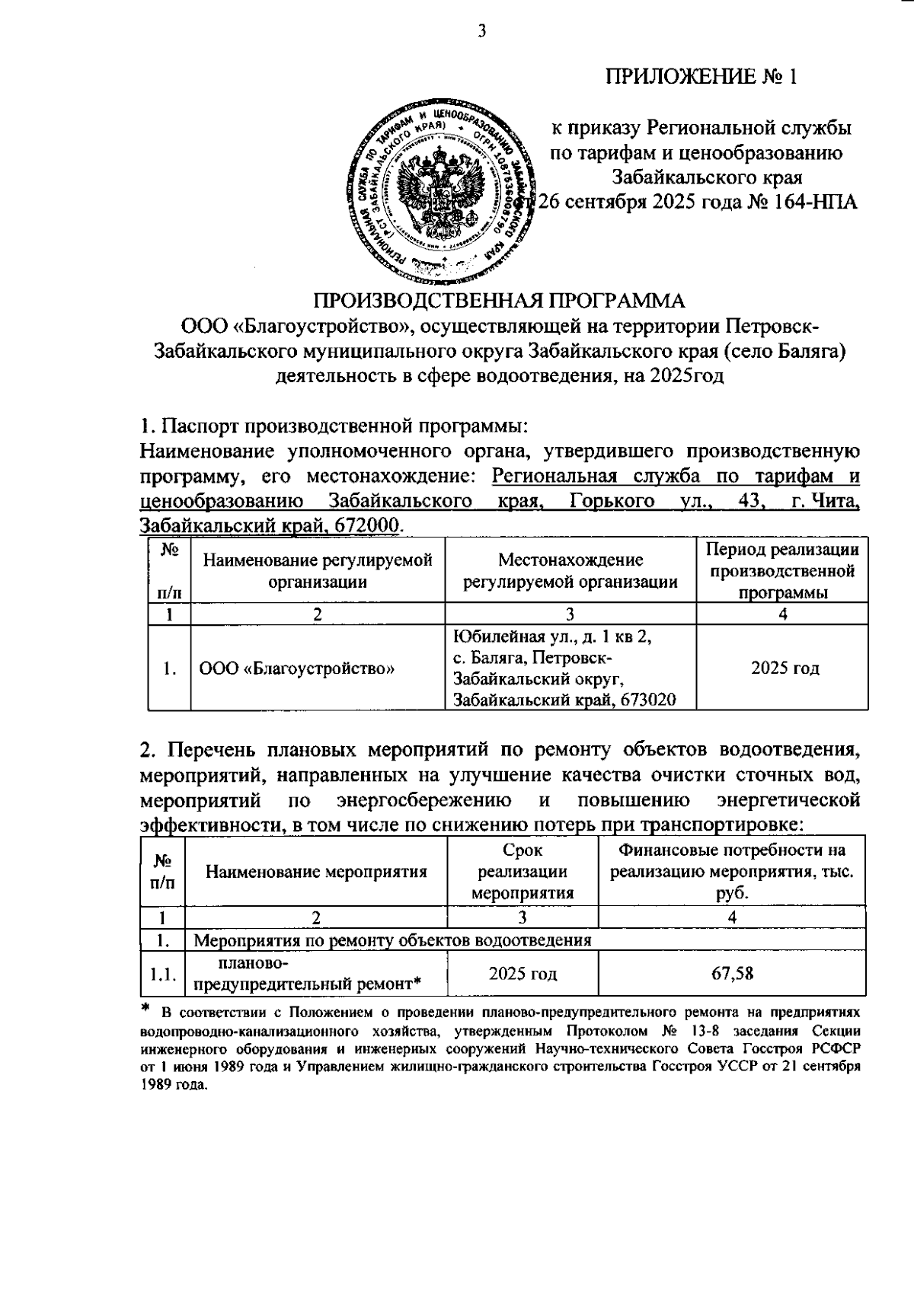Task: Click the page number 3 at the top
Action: [x=481, y=30]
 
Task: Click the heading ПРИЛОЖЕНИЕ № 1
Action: [x=701, y=77]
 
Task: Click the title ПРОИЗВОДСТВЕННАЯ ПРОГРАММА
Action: [x=500, y=301]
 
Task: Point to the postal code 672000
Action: [x=373, y=526]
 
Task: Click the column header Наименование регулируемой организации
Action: [x=317, y=571]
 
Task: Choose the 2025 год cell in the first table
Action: [x=785, y=668]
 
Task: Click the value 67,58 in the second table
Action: [x=731, y=973]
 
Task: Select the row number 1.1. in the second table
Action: [x=163, y=974]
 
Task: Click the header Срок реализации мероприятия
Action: [x=522, y=872]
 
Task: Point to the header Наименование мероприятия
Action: [x=316, y=872]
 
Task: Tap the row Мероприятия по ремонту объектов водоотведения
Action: [x=392, y=940]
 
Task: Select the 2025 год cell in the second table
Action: [x=522, y=974]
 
